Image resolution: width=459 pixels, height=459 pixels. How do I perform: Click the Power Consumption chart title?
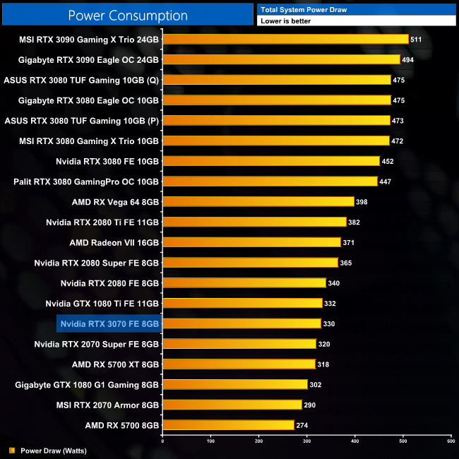tap(128, 16)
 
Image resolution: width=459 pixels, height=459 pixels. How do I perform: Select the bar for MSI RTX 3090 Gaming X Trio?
tap(285, 40)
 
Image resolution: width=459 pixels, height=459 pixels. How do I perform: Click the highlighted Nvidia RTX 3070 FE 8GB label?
tap(109, 324)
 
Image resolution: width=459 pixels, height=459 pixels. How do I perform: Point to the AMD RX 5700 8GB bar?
tap(228, 425)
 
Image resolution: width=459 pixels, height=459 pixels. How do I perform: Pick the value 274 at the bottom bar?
tap(302, 426)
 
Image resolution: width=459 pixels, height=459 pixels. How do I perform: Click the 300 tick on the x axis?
tap(307, 441)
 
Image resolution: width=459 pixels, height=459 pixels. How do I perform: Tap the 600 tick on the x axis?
tap(451, 441)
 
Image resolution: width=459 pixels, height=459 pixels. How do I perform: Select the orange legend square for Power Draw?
tap(11, 450)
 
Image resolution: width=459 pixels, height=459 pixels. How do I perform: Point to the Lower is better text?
tap(285, 21)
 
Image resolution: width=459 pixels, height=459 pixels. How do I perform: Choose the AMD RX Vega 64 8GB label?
tap(115, 202)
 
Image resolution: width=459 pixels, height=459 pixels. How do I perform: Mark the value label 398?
tap(361, 203)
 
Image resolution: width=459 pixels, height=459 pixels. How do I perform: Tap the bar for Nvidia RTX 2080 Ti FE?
tap(254, 222)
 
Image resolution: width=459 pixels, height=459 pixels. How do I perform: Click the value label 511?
tap(416, 40)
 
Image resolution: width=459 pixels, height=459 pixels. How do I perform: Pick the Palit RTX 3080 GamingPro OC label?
tap(86, 181)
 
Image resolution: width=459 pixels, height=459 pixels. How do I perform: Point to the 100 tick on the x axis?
tap(210, 441)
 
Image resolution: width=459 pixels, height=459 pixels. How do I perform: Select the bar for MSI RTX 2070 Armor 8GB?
tap(232, 405)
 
